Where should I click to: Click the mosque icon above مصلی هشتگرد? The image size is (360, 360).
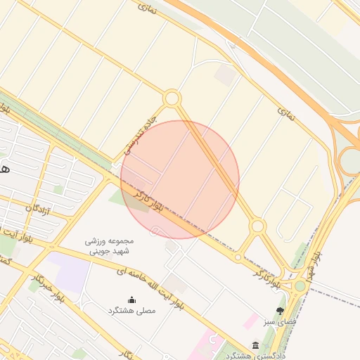click(x=131, y=300)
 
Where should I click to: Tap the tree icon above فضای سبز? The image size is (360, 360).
click(x=281, y=310)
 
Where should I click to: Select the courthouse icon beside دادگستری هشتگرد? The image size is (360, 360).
click(x=255, y=345)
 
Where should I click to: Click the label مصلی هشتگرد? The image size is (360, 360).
click(x=131, y=311)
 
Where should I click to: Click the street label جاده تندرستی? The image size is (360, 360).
click(x=138, y=136)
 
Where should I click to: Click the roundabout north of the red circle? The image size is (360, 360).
click(x=172, y=98)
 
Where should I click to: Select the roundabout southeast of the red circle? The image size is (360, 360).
click(x=258, y=226)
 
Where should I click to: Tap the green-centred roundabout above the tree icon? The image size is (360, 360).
click(x=300, y=285)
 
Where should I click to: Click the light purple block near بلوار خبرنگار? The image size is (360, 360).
click(x=68, y=269)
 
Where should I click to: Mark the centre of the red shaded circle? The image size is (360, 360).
click(x=180, y=179)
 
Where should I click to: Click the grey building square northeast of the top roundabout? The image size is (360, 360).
click(x=225, y=75)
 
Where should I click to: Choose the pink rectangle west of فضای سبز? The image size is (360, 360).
click(x=250, y=321)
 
